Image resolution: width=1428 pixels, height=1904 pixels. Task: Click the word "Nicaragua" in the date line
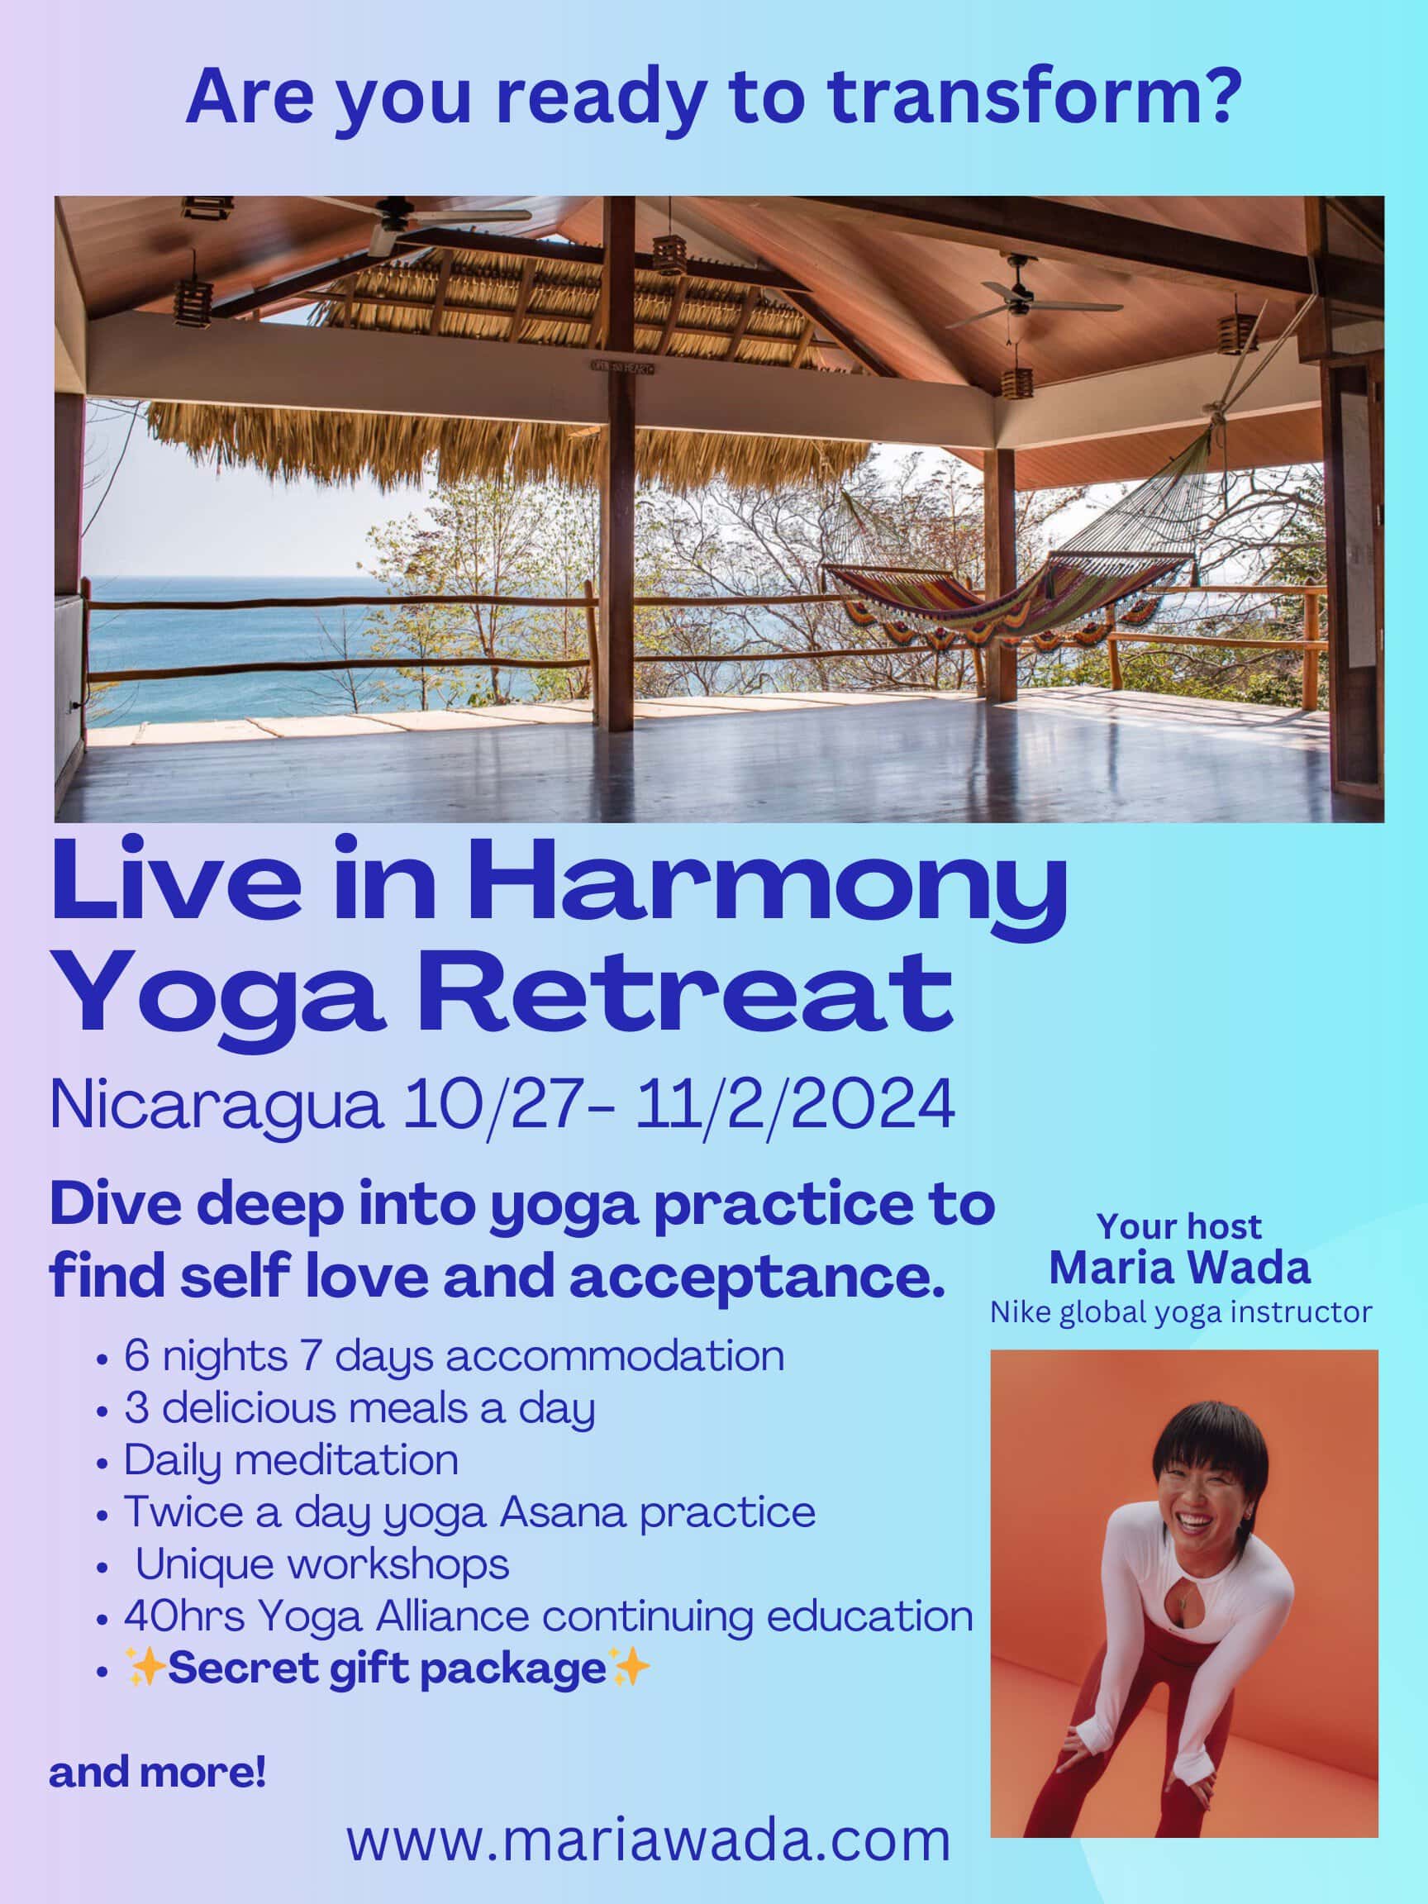pos(216,1107)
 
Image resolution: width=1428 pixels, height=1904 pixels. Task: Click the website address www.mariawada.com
pos(648,1840)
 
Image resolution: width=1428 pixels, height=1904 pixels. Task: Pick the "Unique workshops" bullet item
pos(322,1564)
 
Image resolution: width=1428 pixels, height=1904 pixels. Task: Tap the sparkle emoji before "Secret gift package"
pos(146,1668)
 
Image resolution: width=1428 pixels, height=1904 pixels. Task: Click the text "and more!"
pos(158,1773)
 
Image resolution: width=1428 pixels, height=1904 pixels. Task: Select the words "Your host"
pos(1179,1226)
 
